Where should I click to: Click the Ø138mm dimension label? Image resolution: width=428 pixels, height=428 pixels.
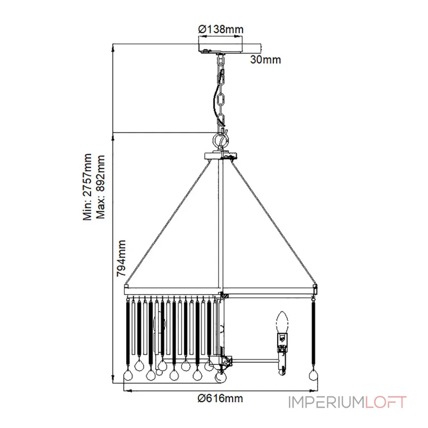pos(220,29)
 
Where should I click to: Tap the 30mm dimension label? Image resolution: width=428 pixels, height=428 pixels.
pos(265,59)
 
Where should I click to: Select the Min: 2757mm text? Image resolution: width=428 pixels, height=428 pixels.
pos(88,187)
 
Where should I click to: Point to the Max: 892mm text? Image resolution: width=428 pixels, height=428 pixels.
pos(101,187)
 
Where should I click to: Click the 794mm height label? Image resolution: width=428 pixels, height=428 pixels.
pos(121,258)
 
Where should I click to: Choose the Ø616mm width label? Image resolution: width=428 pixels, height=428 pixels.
pos(220,398)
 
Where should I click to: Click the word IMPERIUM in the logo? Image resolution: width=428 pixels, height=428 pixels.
pos(326,402)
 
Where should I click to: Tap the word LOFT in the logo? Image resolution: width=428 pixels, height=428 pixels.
pos(386,402)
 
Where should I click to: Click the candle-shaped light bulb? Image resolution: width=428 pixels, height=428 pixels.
pos(282,323)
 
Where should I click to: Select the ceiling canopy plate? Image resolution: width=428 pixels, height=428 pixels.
pos(220,49)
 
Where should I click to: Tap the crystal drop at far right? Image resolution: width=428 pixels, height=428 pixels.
pos(314,375)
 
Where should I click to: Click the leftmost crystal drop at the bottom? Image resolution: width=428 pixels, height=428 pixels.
pos(128,375)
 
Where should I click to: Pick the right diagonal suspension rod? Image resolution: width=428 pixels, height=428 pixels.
pos(274,223)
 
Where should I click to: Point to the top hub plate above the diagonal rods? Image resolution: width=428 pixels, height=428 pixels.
pos(221,156)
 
